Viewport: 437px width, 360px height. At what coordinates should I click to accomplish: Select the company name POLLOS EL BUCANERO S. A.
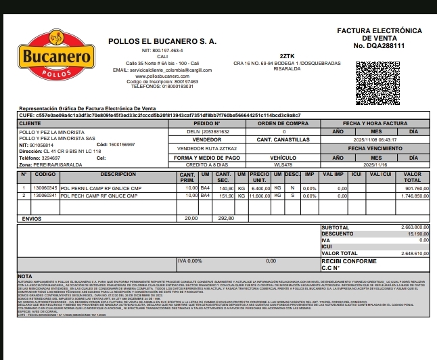tap(162, 41)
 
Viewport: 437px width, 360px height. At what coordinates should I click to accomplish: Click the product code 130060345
tap(45, 188)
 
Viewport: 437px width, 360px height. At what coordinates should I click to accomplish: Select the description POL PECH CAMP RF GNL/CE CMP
tap(101, 196)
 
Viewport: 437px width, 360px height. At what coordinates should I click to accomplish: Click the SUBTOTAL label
tap(336, 227)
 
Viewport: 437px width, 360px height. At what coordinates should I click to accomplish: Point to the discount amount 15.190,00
tap(416, 233)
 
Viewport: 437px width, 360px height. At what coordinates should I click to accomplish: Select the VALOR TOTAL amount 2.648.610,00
tap(414, 253)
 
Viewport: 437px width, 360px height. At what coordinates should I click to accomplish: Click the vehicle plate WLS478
tap(283, 164)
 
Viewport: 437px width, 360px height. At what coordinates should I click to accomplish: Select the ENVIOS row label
tap(32, 219)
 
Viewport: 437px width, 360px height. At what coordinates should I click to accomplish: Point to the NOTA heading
tap(25, 276)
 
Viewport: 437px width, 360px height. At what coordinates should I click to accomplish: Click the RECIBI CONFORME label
tap(348, 261)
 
